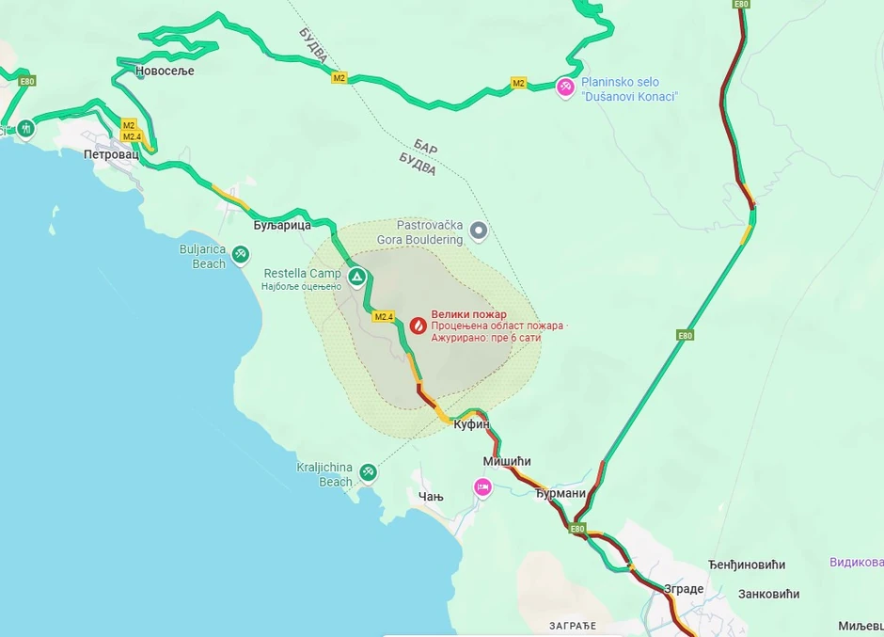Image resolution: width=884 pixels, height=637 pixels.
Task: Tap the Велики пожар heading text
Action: click(x=468, y=314)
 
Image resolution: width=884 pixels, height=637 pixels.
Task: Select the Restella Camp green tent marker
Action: click(x=357, y=277)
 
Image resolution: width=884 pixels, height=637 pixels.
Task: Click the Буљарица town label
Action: click(x=282, y=226)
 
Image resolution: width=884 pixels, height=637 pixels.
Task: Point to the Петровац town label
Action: click(x=111, y=154)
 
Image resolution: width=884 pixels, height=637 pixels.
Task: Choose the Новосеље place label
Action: click(x=165, y=71)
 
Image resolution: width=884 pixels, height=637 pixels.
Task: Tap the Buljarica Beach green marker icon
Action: click(x=241, y=253)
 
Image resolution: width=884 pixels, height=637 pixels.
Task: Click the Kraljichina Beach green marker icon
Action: click(x=369, y=470)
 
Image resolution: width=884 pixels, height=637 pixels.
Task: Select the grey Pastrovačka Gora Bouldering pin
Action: click(x=479, y=230)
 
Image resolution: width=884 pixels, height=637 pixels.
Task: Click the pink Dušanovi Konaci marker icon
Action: click(x=565, y=87)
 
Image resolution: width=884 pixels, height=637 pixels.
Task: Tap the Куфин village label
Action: click(x=471, y=424)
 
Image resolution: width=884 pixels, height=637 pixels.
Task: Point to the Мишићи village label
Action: click(x=507, y=461)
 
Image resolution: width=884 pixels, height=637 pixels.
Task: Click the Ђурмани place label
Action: click(x=560, y=493)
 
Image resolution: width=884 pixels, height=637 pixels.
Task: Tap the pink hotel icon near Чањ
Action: click(x=482, y=486)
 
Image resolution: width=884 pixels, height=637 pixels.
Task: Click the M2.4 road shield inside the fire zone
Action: click(x=384, y=317)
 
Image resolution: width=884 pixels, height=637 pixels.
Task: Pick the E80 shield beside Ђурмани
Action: click(x=577, y=529)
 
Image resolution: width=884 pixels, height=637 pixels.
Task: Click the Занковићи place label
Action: click(x=768, y=594)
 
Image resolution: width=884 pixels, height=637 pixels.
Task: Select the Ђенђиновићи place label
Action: click(x=747, y=565)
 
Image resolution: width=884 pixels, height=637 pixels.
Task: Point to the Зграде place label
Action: click(x=684, y=589)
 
